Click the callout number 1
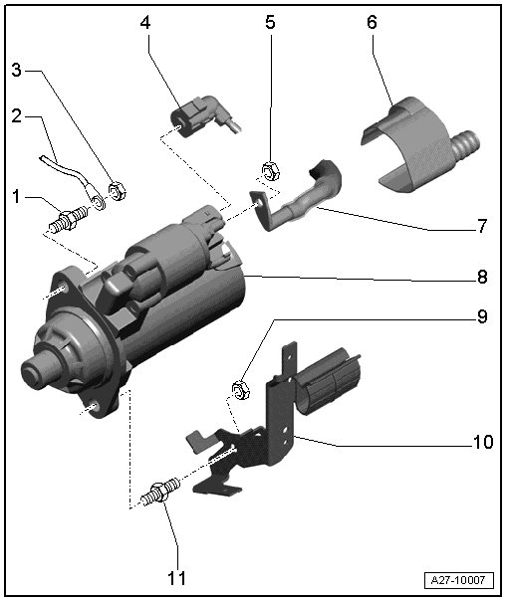pyautogui.click(x=16, y=197)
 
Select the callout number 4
pyautogui.click(x=145, y=23)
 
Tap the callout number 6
pyautogui.click(x=372, y=23)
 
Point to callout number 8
pyautogui.click(x=482, y=277)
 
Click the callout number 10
pyautogui.click(x=483, y=442)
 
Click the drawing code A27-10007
pyautogui.click(x=458, y=580)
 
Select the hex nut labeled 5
pyautogui.click(x=270, y=171)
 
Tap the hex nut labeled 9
pyautogui.click(x=240, y=389)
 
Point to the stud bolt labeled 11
pyautogui.click(x=160, y=492)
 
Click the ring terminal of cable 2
pyautogui.click(x=99, y=202)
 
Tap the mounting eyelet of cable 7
pyautogui.click(x=257, y=201)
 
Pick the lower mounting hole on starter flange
pyautogui.click(x=93, y=407)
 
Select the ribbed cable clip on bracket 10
pyautogui.click(x=327, y=379)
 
